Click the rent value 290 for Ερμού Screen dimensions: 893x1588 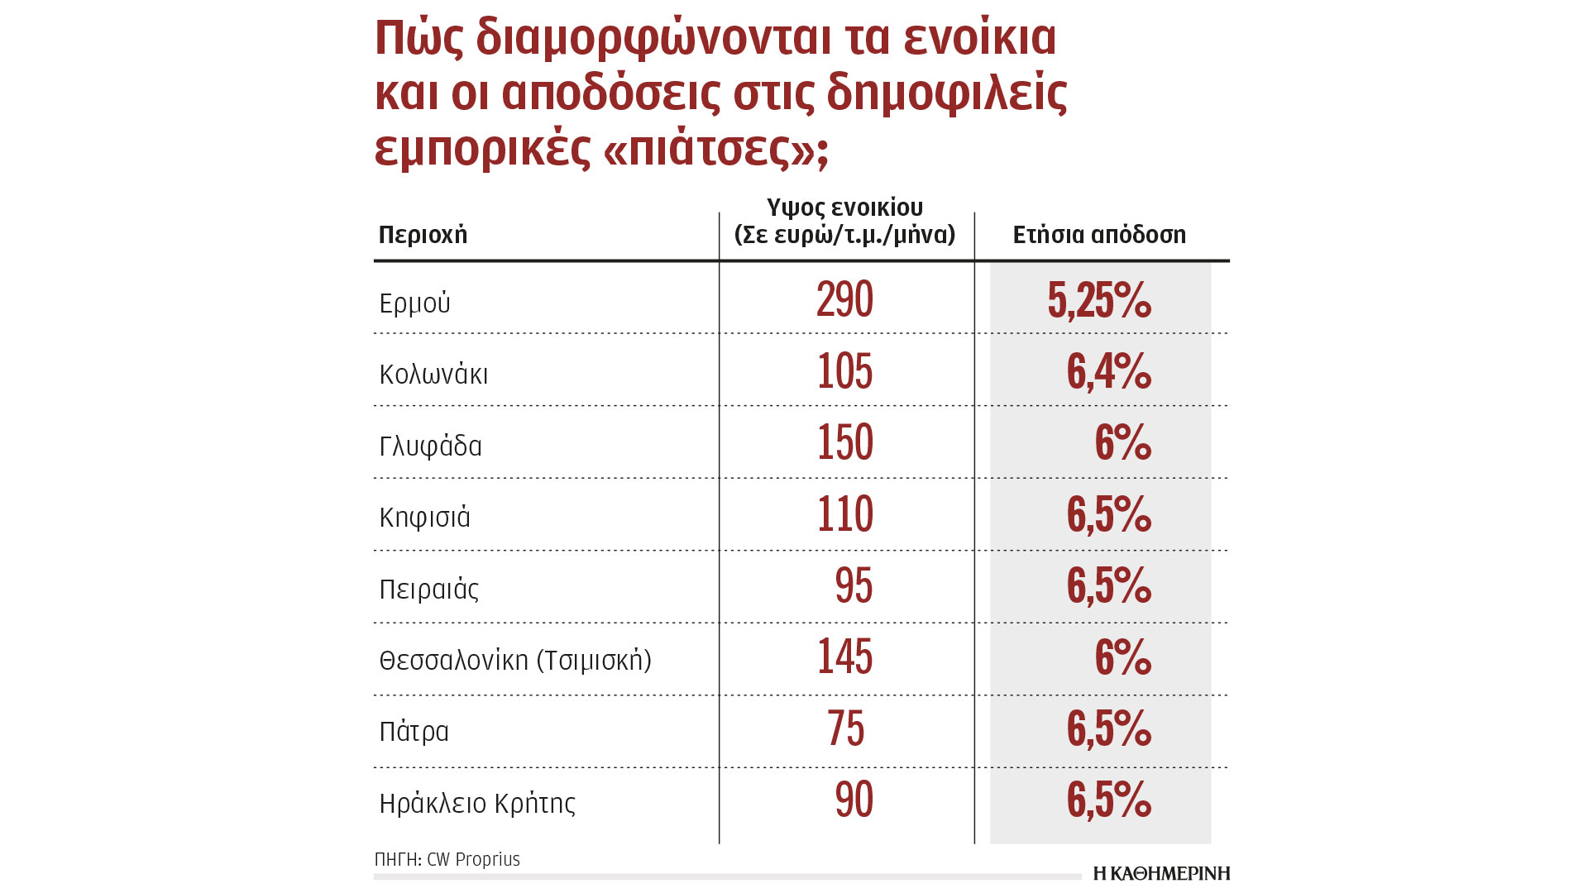[x=844, y=299]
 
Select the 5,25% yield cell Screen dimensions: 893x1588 [x=1099, y=299]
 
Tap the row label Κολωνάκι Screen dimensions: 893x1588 [x=433, y=375]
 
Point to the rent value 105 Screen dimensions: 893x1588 [x=844, y=371]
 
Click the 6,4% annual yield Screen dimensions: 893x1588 [x=1108, y=371]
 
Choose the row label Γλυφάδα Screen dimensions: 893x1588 [x=430, y=446]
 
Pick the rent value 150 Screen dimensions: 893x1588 [x=844, y=442]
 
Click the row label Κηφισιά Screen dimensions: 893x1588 [x=424, y=518]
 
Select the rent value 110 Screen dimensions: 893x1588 [x=844, y=514]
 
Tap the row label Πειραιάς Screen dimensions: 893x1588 [x=428, y=590]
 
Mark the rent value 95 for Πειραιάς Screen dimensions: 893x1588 [x=854, y=585]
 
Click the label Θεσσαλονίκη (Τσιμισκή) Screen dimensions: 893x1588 [x=515, y=661]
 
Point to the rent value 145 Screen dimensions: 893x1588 [x=844, y=657]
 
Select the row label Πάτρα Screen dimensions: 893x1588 [x=414, y=732]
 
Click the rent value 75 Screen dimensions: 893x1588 [x=845, y=728]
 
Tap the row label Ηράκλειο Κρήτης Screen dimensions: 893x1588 [x=477, y=804]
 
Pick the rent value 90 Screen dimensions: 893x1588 [x=854, y=800]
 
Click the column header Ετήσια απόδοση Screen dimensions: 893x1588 [x=1099, y=235]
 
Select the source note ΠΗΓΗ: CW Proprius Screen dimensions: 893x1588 [x=447, y=859]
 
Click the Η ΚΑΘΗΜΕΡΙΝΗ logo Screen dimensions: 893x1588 [x=1161, y=873]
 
